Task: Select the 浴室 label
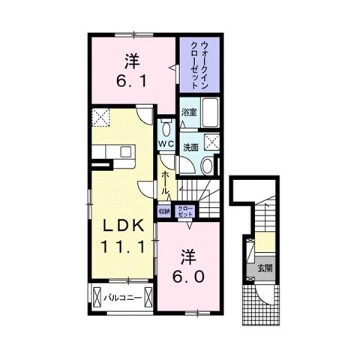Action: [188, 113]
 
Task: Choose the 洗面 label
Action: [191, 147]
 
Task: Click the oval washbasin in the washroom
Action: [208, 165]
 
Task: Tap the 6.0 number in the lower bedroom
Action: [188, 276]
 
